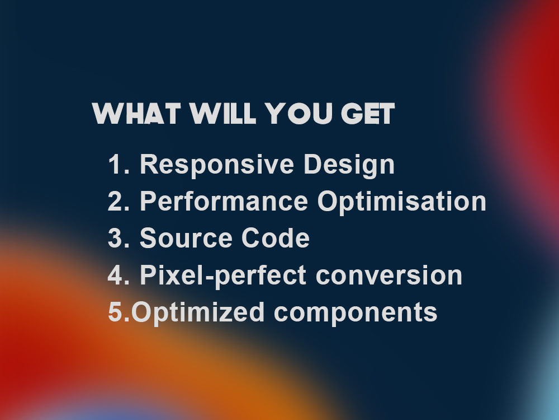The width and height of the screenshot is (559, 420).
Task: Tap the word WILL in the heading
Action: click(223, 114)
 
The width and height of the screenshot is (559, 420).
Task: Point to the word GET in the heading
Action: click(368, 114)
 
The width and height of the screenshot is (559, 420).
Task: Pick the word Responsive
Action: click(217, 165)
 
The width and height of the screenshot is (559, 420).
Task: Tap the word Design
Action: click(349, 165)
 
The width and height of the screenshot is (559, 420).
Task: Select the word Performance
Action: click(224, 201)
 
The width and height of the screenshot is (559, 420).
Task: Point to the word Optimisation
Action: click(402, 202)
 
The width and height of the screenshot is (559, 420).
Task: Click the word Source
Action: click(186, 238)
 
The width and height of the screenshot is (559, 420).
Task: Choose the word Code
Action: click(276, 238)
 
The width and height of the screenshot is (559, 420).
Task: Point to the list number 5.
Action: click(119, 312)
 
